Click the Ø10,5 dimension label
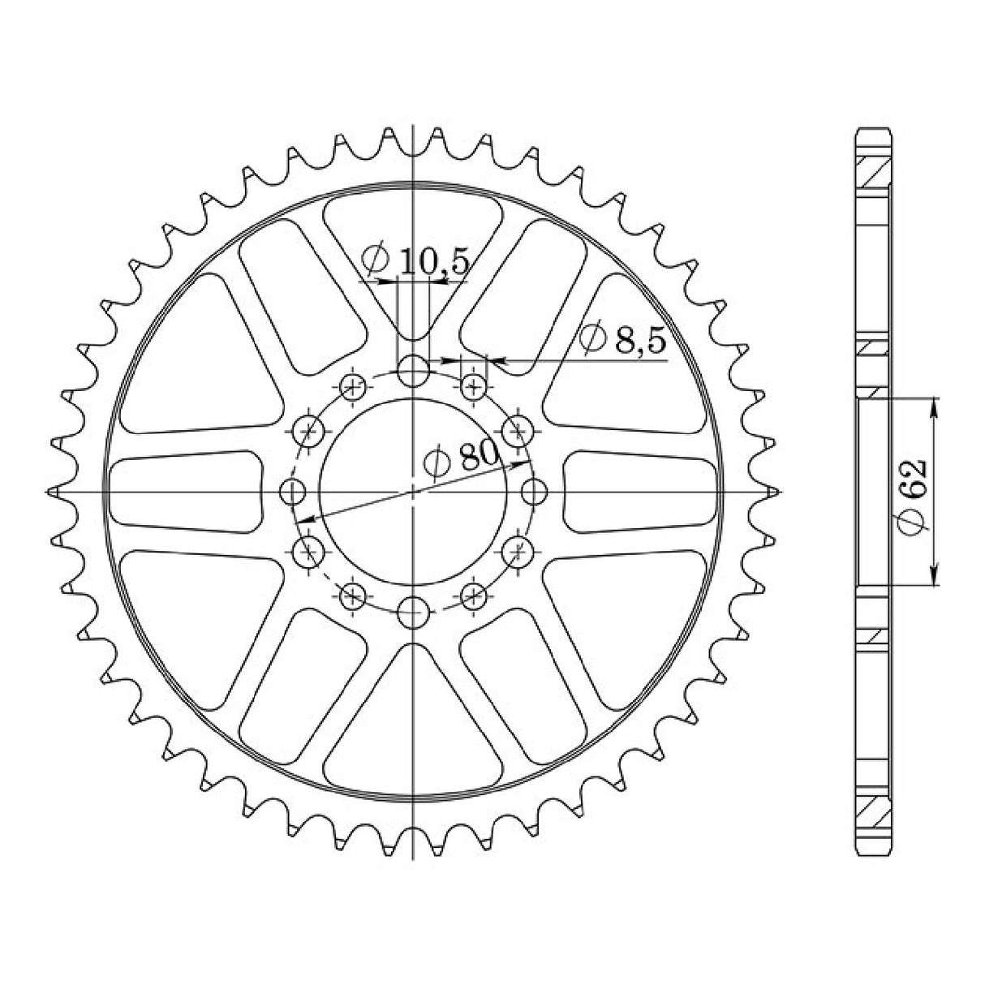pos(415,260)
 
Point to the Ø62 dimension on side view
pos(913,497)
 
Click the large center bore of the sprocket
pos(413,492)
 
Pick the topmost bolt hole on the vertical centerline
pos(413,371)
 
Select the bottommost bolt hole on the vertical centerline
pos(413,613)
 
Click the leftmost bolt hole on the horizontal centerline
pos(293,492)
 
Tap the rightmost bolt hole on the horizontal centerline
pos(534,492)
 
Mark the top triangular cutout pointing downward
pos(413,256)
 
